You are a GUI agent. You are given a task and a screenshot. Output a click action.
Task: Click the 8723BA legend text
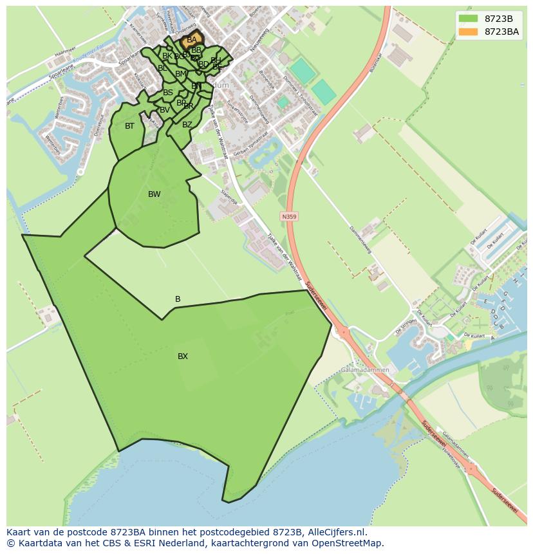(x=501, y=32)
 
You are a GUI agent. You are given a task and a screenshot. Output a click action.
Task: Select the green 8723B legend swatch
(x=469, y=19)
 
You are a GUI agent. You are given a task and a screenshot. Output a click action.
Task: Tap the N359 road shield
(x=290, y=217)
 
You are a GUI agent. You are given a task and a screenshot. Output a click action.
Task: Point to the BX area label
(x=183, y=356)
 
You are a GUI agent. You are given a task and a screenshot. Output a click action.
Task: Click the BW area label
(x=154, y=194)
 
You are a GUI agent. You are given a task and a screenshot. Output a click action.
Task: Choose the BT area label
(x=130, y=126)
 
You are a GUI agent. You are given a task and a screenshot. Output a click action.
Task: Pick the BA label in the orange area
(x=191, y=40)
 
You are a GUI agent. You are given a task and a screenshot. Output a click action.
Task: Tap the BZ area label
(x=187, y=125)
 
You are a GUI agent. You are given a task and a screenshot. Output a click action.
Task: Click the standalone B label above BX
(x=178, y=299)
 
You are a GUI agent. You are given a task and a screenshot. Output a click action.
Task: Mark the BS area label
(x=167, y=93)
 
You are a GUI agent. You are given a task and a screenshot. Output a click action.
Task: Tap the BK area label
(x=167, y=56)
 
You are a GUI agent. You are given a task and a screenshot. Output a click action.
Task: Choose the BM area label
(x=180, y=74)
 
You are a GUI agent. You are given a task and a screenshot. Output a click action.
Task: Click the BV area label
(x=165, y=110)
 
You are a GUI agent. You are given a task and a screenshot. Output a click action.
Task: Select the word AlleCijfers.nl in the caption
(x=335, y=532)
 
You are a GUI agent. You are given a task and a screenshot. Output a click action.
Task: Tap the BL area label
(x=162, y=68)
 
